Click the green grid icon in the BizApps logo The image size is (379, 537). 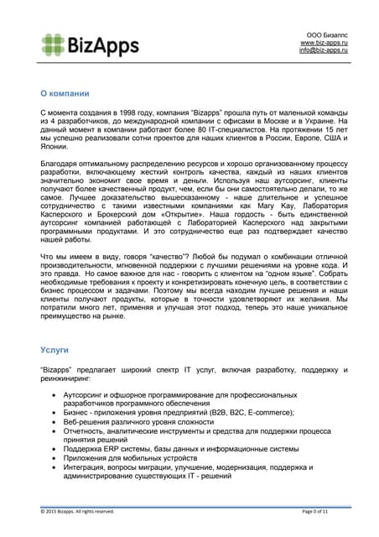coord(53,44)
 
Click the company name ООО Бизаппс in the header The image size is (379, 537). coord(329,33)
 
